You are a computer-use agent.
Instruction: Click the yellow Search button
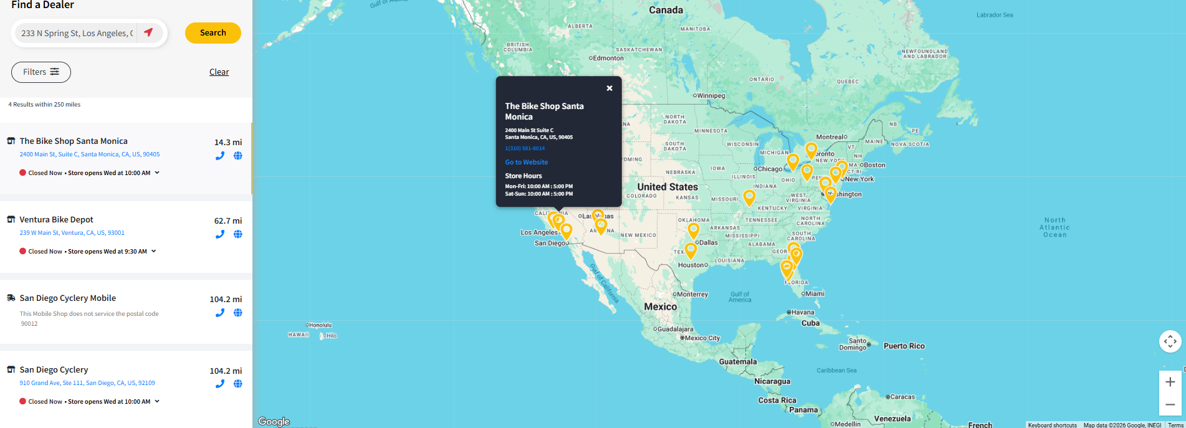click(x=213, y=33)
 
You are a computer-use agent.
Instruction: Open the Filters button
click(x=41, y=72)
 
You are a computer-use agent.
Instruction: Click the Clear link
click(x=219, y=72)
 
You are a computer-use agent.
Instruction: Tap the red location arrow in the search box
click(x=148, y=32)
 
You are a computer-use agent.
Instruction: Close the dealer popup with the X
click(x=610, y=88)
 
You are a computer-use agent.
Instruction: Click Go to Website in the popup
click(x=526, y=162)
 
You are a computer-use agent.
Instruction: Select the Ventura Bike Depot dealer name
click(x=56, y=220)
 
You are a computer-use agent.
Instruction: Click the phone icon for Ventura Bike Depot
click(x=220, y=234)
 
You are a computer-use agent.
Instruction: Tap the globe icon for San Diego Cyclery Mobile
click(x=237, y=313)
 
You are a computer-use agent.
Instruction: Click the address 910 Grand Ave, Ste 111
click(x=87, y=383)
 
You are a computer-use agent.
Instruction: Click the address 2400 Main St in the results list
click(x=90, y=155)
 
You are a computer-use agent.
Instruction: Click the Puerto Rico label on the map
click(x=904, y=346)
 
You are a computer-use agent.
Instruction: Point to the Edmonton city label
click(x=608, y=58)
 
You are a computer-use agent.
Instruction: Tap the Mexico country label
click(x=660, y=307)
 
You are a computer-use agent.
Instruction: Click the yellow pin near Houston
click(x=691, y=250)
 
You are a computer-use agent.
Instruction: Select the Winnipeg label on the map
click(x=711, y=96)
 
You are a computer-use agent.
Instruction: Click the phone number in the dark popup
click(x=525, y=148)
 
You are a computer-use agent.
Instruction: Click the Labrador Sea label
click(x=994, y=15)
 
